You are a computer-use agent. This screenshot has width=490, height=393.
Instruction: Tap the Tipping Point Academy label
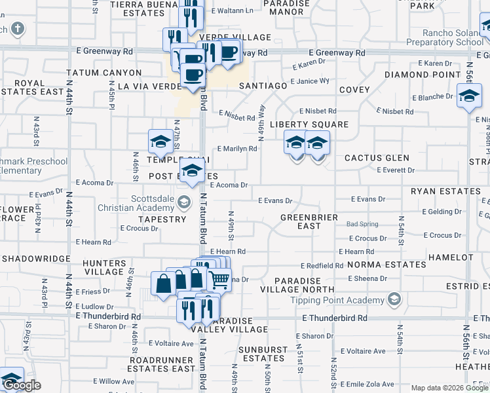(337, 301)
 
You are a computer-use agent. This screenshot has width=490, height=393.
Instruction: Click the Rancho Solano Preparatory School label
(445, 38)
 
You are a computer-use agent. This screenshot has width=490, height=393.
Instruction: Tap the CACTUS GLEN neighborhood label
(377, 158)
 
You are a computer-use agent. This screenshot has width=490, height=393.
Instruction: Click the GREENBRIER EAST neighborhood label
(309, 221)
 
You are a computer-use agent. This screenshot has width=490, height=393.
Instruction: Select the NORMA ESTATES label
(386, 265)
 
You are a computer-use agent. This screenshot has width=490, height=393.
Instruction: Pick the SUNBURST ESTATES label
(261, 354)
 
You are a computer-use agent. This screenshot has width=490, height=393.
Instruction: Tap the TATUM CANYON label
(104, 73)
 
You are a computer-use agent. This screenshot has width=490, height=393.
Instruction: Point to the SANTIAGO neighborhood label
(263, 86)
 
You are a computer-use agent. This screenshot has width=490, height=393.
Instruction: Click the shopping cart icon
(219, 280)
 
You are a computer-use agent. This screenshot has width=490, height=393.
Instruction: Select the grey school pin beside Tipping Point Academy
(394, 300)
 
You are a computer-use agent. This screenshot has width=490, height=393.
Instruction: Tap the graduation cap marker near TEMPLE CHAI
(160, 141)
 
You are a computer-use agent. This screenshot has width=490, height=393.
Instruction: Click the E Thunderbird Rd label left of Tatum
(108, 316)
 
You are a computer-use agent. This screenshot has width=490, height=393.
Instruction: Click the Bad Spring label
(362, 225)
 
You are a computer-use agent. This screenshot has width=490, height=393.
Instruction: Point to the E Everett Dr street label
(396, 170)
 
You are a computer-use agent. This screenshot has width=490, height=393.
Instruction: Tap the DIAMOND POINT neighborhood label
(423, 75)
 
